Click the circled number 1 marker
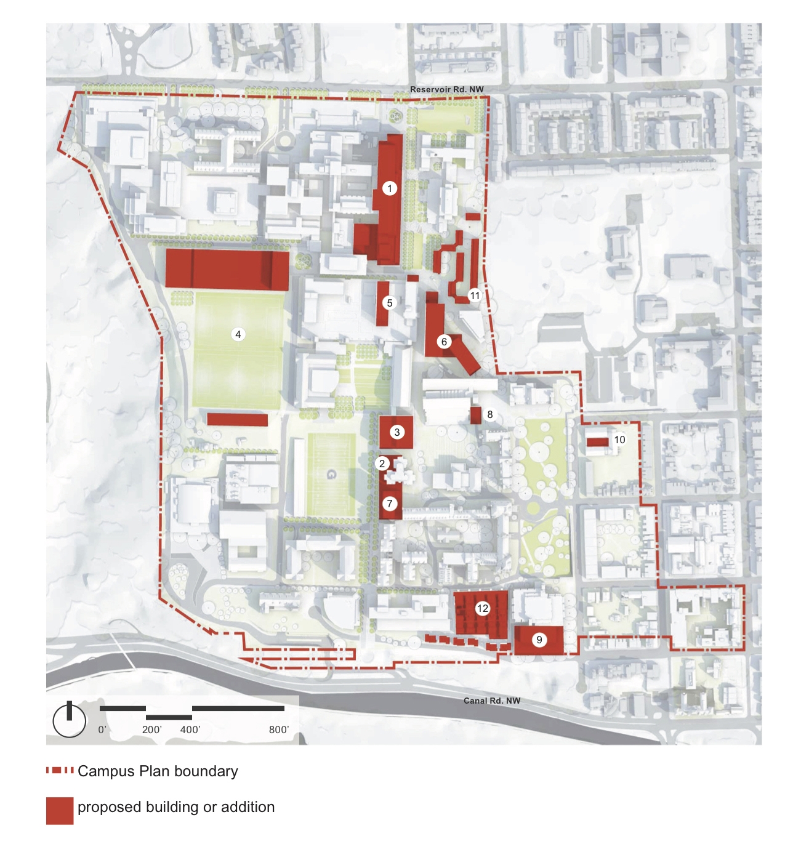point(389,188)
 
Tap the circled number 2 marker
point(382,464)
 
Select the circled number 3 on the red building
point(397,432)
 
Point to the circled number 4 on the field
point(238,334)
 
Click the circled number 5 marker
point(389,303)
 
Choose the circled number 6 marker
point(444,342)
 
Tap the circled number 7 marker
point(389,504)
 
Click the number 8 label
point(490,414)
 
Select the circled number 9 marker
point(539,640)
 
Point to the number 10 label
point(619,440)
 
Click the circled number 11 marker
point(475,295)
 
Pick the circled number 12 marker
point(483,608)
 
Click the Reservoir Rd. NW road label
point(447,90)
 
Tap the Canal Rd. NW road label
point(492,701)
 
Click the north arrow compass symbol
point(70,719)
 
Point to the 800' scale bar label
point(279,729)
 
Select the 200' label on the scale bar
point(152,729)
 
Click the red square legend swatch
point(60,811)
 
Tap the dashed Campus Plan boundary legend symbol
point(60,771)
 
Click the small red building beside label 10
point(597,442)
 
